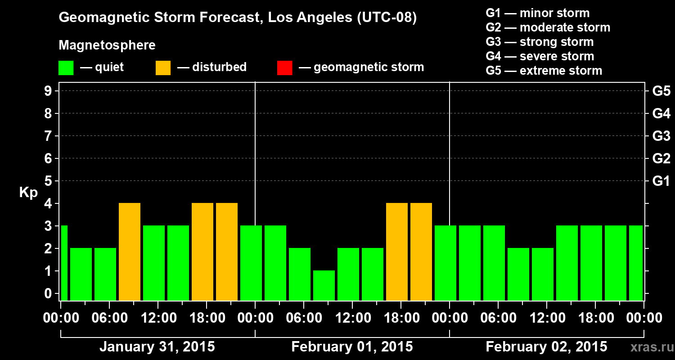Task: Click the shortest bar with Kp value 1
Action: tap(324, 285)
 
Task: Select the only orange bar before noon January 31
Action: tap(130, 252)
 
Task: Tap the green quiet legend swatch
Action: tap(66, 68)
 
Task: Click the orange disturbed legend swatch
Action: tap(163, 68)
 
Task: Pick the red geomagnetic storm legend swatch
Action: tap(284, 68)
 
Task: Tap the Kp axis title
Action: tap(28, 193)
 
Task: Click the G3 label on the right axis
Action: tap(661, 136)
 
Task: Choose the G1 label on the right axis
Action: tap(661, 181)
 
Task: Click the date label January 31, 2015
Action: tap(157, 347)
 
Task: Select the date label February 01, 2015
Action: tap(352, 347)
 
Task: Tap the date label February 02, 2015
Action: tap(546, 347)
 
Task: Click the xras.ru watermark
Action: tap(651, 347)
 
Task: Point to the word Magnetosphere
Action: tap(107, 45)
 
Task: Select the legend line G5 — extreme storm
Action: tap(544, 71)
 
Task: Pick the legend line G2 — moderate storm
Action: tap(548, 27)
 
